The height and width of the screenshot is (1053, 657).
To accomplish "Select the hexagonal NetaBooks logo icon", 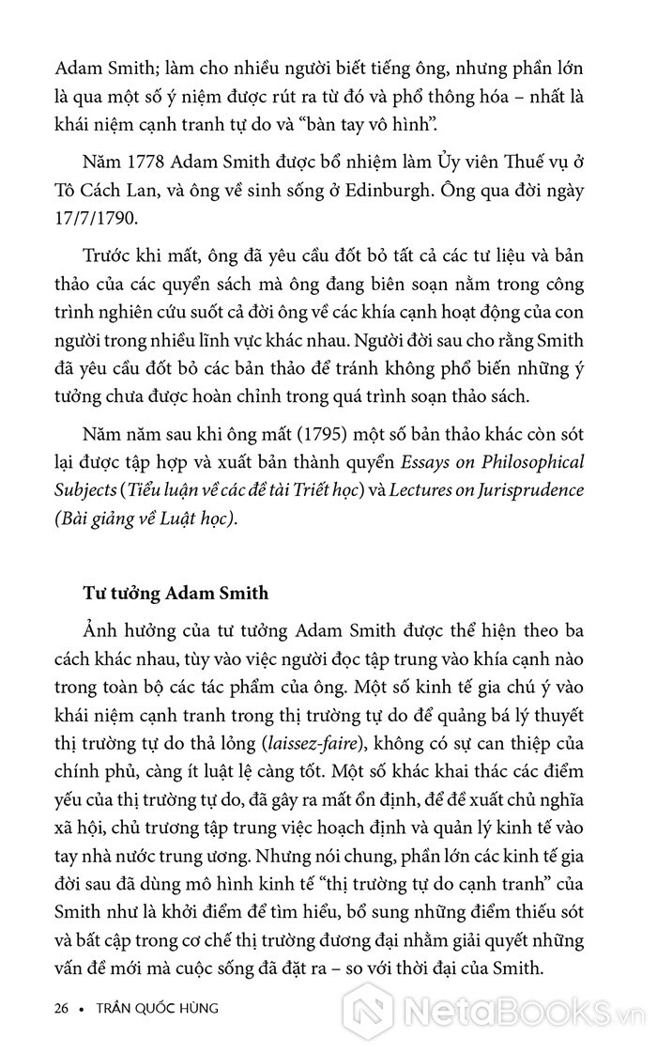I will coord(361,1007).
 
